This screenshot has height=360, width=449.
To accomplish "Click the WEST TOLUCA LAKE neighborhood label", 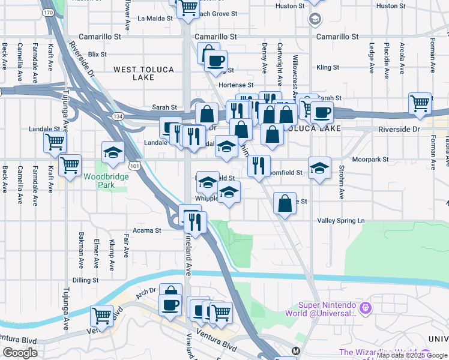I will pyautogui.click(x=143, y=74).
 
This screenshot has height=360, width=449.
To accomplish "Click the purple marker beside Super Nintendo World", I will pyautogui.click(x=367, y=308).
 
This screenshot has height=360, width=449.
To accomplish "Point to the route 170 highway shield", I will pyautogui.click(x=48, y=12).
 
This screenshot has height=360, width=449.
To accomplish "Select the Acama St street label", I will pyautogui.click(x=147, y=230).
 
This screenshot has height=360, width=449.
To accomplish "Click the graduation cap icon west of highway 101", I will pyautogui.click(x=112, y=153).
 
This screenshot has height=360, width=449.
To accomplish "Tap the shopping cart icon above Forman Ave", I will pyautogui.click(x=420, y=104).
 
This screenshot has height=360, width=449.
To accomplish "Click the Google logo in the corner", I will pyautogui.click(x=20, y=353).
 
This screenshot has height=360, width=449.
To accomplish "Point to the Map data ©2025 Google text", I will pyautogui.click(x=412, y=355).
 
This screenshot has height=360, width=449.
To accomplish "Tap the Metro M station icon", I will pyautogui.click(x=295, y=350).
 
